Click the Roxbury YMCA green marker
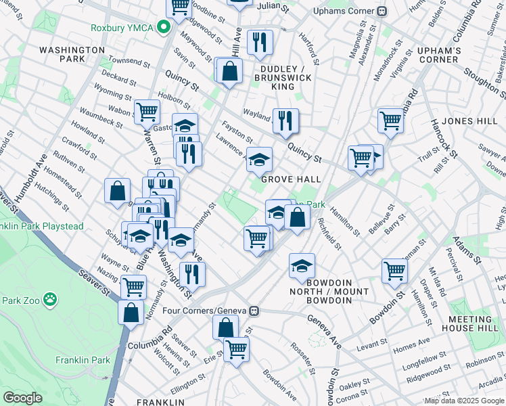163,28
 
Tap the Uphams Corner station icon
382,11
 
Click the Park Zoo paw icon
50,298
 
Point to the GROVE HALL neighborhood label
291,179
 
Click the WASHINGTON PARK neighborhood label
72,54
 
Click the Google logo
22,398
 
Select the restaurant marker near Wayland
285,121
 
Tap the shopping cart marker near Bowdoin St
394,270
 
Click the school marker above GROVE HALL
259,160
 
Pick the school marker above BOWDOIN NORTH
302,265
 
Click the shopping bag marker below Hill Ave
229,70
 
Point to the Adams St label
467,250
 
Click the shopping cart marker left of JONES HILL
390,120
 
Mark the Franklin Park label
83,360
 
